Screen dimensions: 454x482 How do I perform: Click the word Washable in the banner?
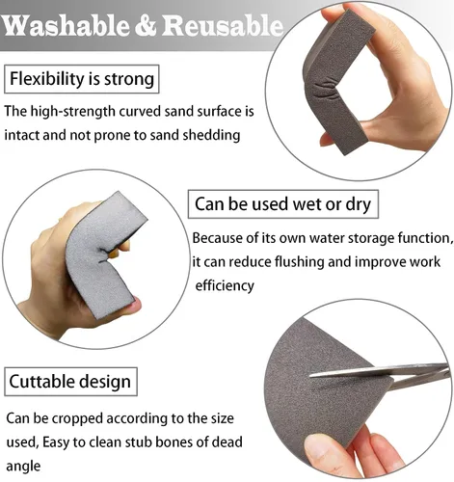point(65,25)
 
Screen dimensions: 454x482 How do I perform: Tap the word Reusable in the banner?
point(223,25)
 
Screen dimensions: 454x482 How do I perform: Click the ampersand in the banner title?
point(145,26)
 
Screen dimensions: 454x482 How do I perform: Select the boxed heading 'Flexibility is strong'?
point(82,79)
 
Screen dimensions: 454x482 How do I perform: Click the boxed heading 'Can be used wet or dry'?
point(283,204)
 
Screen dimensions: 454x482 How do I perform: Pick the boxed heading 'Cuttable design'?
point(70,382)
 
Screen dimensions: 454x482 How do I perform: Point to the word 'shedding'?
point(211,135)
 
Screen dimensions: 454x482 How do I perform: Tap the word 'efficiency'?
point(225,285)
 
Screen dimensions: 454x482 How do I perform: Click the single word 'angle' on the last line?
point(23,467)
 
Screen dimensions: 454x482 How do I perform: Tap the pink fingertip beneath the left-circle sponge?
point(134,306)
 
